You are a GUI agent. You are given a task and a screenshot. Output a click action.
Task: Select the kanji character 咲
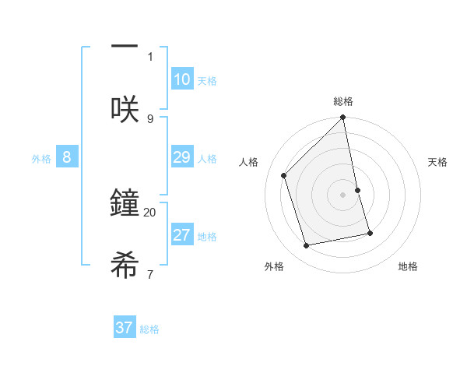pos(125,109)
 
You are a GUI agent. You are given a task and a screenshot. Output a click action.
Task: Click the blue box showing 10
pos(182,79)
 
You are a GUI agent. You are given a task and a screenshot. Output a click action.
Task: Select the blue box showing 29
pos(182,157)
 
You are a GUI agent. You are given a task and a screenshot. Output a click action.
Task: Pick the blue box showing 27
pos(182,235)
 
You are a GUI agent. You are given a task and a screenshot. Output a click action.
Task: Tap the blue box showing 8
pos(67,157)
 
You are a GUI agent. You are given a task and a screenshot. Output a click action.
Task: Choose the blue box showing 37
pos(125,328)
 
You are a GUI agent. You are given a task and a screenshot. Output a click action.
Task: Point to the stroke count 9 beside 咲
pos(150,118)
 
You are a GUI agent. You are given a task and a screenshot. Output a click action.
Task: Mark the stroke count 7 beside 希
pos(150,274)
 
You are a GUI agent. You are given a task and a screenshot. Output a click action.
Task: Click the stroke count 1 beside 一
pos(150,56)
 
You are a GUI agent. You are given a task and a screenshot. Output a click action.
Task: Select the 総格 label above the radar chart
pos(343,101)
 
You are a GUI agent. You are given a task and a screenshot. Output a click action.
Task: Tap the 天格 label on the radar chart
pos(438,162)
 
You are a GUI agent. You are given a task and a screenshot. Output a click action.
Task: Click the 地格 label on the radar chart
pos(408,266)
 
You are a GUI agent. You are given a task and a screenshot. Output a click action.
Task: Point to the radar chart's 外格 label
pos(274,266)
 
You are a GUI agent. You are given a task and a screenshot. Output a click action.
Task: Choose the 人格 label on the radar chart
pos(249,162)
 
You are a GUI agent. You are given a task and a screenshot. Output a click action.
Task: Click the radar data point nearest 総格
pos(343,118)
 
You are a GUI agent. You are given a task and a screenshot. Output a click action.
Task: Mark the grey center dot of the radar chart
pos(343,194)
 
